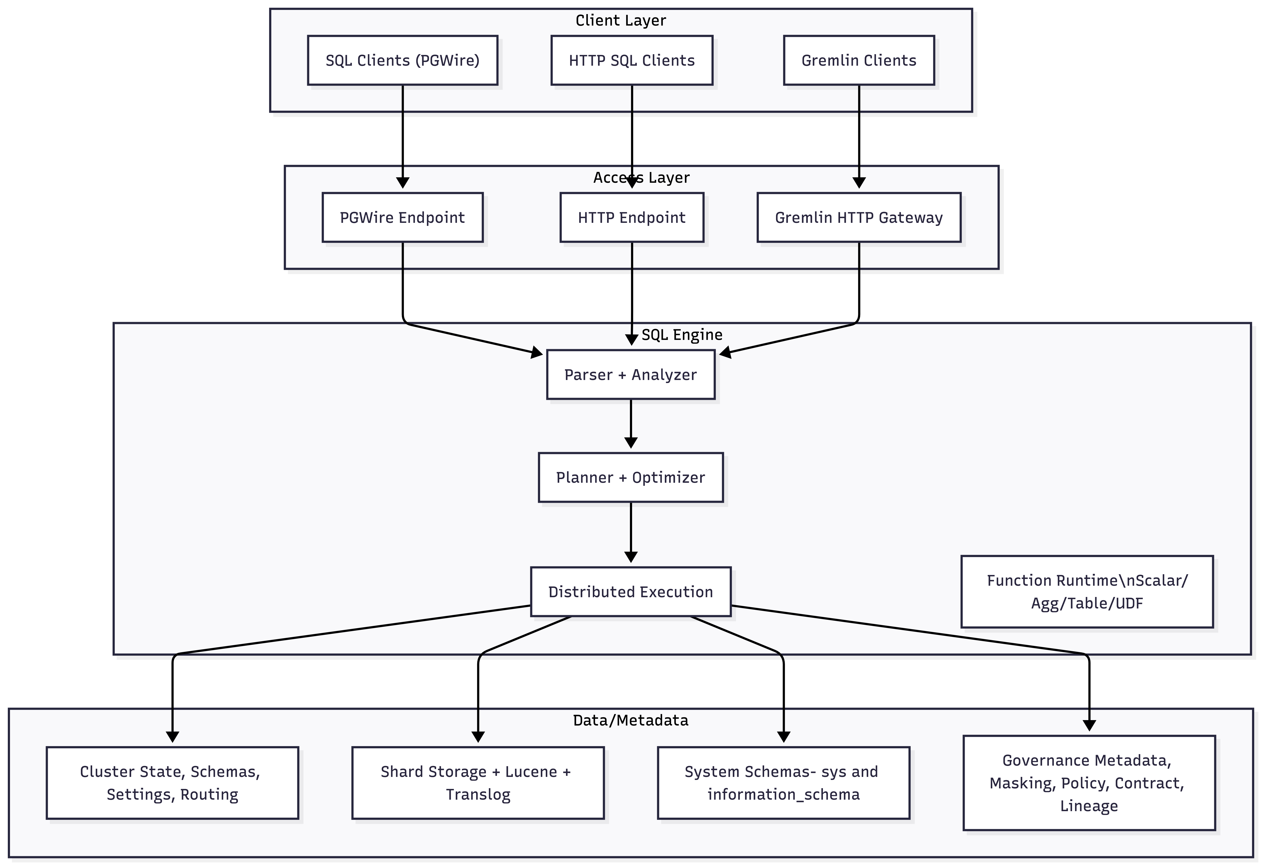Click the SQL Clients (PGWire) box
pyautogui.click(x=402, y=60)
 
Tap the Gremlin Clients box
pyautogui.click(x=858, y=60)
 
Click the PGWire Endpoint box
pyautogui.click(x=402, y=217)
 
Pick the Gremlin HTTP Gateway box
pyautogui.click(x=858, y=217)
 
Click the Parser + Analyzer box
pyautogui.click(x=630, y=375)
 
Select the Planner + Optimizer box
pyautogui.click(x=630, y=477)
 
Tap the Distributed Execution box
pyautogui.click(x=630, y=592)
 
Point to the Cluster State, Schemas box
pyautogui.click(x=172, y=783)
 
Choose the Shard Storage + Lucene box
pyautogui.click(x=478, y=783)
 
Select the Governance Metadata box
pyautogui.click(x=1089, y=783)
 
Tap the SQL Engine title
pyautogui.click(x=682, y=334)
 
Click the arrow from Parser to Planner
pyautogui.click(x=630, y=424)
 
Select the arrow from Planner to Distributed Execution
pyautogui.click(x=630, y=532)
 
